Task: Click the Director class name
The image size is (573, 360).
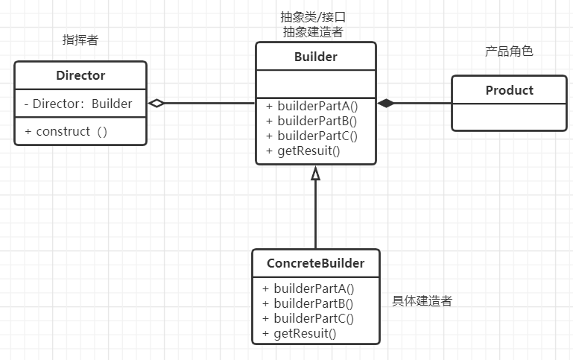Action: pyautogui.click(x=80, y=75)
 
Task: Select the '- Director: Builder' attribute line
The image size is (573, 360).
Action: pyautogui.click(x=77, y=104)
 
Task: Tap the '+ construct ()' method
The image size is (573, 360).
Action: pyautogui.click(x=66, y=131)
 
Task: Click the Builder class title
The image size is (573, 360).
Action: pyautogui.click(x=315, y=57)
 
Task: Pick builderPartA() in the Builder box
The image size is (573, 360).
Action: pyautogui.click(x=311, y=106)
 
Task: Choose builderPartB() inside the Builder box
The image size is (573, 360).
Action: pyautogui.click(x=311, y=121)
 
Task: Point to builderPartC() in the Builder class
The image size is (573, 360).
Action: pyautogui.click(x=311, y=136)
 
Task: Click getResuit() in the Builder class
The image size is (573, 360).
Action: pyautogui.click(x=303, y=151)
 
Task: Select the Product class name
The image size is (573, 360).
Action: pyautogui.click(x=510, y=90)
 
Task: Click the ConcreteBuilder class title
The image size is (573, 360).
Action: pyautogui.click(x=315, y=263)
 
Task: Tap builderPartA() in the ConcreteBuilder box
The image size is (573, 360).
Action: pyautogui.click(x=308, y=288)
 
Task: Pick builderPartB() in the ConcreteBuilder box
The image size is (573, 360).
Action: pyautogui.click(x=308, y=303)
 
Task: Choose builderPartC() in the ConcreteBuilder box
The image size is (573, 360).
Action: pyautogui.click(x=308, y=318)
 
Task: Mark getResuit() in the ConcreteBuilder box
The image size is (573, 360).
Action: pyautogui.click(x=299, y=333)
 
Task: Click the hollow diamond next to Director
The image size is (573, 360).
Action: pyautogui.click(x=156, y=104)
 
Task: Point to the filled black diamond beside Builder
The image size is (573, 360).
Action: pyautogui.click(x=385, y=104)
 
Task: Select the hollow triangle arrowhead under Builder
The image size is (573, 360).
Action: pyautogui.click(x=315, y=173)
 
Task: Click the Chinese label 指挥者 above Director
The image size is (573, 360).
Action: pyautogui.click(x=80, y=40)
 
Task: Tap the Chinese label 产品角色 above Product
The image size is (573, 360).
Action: pyautogui.click(x=509, y=51)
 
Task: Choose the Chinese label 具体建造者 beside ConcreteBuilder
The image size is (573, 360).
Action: pyautogui.click(x=422, y=301)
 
